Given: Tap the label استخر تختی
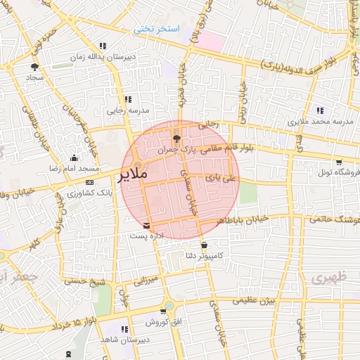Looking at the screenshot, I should point(157,29).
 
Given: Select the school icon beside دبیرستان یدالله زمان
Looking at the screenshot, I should point(103,46).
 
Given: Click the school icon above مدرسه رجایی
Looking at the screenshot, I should point(127,99).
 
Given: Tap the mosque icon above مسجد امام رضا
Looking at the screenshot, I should point(74,158).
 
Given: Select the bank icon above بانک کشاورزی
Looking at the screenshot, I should point(89,182).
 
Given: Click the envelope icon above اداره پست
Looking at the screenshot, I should point(146,226).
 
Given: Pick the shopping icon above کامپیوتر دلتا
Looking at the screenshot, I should point(204,245).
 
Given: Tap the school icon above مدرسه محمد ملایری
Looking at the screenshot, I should point(321,110).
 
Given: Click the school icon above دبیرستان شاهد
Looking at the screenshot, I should point(124,329).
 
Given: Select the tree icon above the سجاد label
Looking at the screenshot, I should point(33,67).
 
